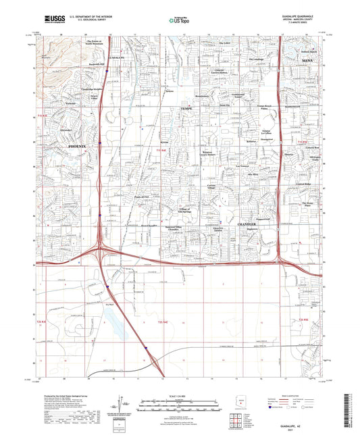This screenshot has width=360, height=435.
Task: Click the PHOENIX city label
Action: [x=81, y=147]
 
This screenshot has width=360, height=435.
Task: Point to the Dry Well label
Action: [x=111, y=305]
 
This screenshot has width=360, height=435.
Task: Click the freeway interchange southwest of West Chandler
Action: [x=101, y=251]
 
